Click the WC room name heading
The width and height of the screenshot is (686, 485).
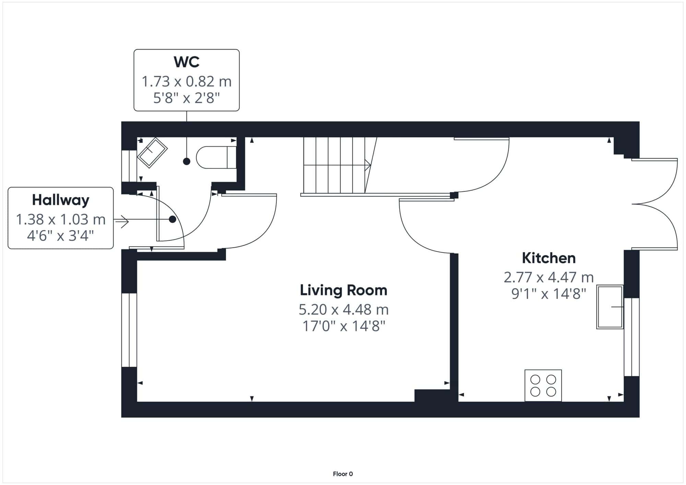pyautogui.click(x=187, y=62)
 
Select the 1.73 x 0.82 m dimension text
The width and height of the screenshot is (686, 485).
pyautogui.click(x=187, y=82)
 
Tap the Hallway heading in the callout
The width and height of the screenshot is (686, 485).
pyautogui.click(x=61, y=200)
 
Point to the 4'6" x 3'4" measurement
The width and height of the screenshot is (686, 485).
pyautogui.click(x=61, y=236)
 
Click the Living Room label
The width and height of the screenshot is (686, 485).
pyautogui.click(x=344, y=290)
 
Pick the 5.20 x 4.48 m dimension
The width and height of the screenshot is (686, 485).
pyautogui.click(x=344, y=310)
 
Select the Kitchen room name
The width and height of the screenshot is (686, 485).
pyautogui.click(x=549, y=258)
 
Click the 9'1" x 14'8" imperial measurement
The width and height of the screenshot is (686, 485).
pyautogui.click(x=549, y=294)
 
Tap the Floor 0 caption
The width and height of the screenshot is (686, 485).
pyautogui.click(x=343, y=474)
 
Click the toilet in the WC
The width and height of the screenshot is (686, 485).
pyautogui.click(x=216, y=157)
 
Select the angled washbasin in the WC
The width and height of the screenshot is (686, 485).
pyautogui.click(x=152, y=153)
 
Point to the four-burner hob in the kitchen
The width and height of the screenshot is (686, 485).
pyautogui.click(x=543, y=386)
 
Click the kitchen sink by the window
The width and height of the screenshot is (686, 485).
pyautogui.click(x=610, y=307)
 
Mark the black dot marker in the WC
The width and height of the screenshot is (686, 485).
pyautogui.click(x=187, y=161)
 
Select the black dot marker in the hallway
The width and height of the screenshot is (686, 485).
pyautogui.click(x=173, y=219)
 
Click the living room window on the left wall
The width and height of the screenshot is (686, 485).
pyautogui.click(x=129, y=330)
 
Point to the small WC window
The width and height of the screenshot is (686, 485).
pyautogui.click(x=129, y=166)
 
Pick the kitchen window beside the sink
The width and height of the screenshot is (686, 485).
pyautogui.click(x=631, y=337)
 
